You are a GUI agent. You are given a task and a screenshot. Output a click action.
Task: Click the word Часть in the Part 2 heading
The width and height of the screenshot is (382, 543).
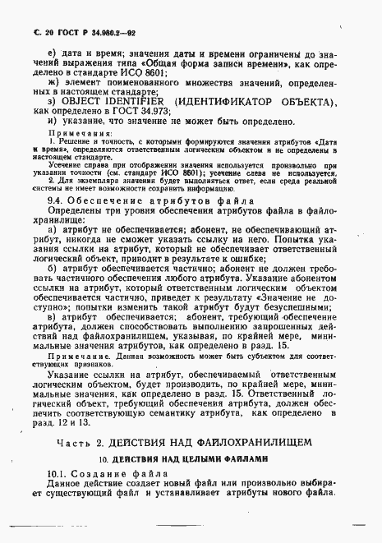tap(72, 442)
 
